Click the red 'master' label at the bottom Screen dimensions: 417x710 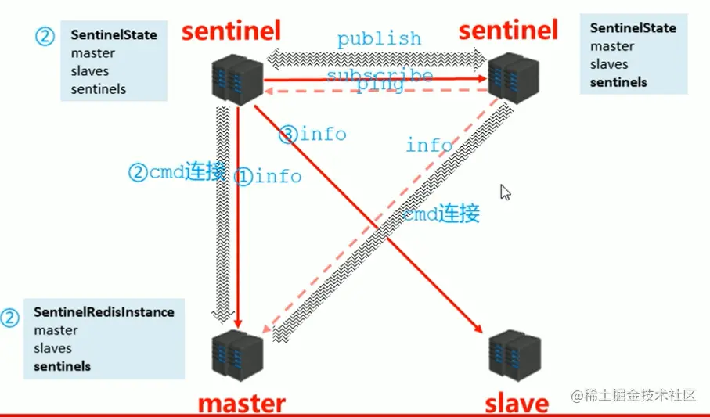(x=241, y=403)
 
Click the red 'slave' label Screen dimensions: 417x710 (x=517, y=403)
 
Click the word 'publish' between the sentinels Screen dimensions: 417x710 (x=379, y=38)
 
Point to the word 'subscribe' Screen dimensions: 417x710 (x=379, y=75)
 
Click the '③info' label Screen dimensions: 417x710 (x=312, y=135)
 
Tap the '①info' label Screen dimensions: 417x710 (x=268, y=176)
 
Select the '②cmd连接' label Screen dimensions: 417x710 (x=177, y=172)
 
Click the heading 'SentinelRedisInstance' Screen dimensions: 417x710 (x=104, y=312)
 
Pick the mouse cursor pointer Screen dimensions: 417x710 (x=506, y=192)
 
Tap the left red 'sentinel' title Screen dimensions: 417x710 (x=231, y=31)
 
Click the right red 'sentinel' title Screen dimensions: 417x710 (x=508, y=31)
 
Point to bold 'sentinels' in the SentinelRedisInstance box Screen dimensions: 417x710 (x=63, y=366)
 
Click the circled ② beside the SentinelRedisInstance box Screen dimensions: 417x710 (x=9, y=318)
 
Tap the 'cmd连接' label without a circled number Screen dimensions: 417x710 (x=441, y=213)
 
